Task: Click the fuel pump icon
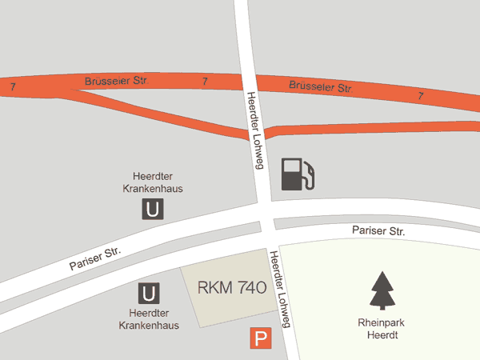point(298,174)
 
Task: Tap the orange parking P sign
point(259,339)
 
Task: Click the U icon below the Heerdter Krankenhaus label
point(148,293)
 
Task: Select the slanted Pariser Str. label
point(94,258)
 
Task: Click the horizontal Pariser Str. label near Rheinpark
point(378,231)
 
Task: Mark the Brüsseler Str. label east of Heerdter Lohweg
point(320,86)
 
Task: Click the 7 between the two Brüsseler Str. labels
point(206,82)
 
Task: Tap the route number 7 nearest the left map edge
point(13,85)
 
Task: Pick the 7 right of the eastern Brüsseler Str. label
point(420,95)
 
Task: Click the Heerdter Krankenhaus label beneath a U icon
point(149,319)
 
